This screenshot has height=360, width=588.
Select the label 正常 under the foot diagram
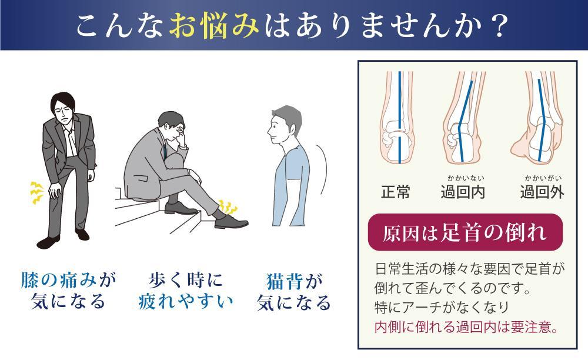pos(396,192)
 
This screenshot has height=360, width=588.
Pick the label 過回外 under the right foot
pos(542,192)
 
